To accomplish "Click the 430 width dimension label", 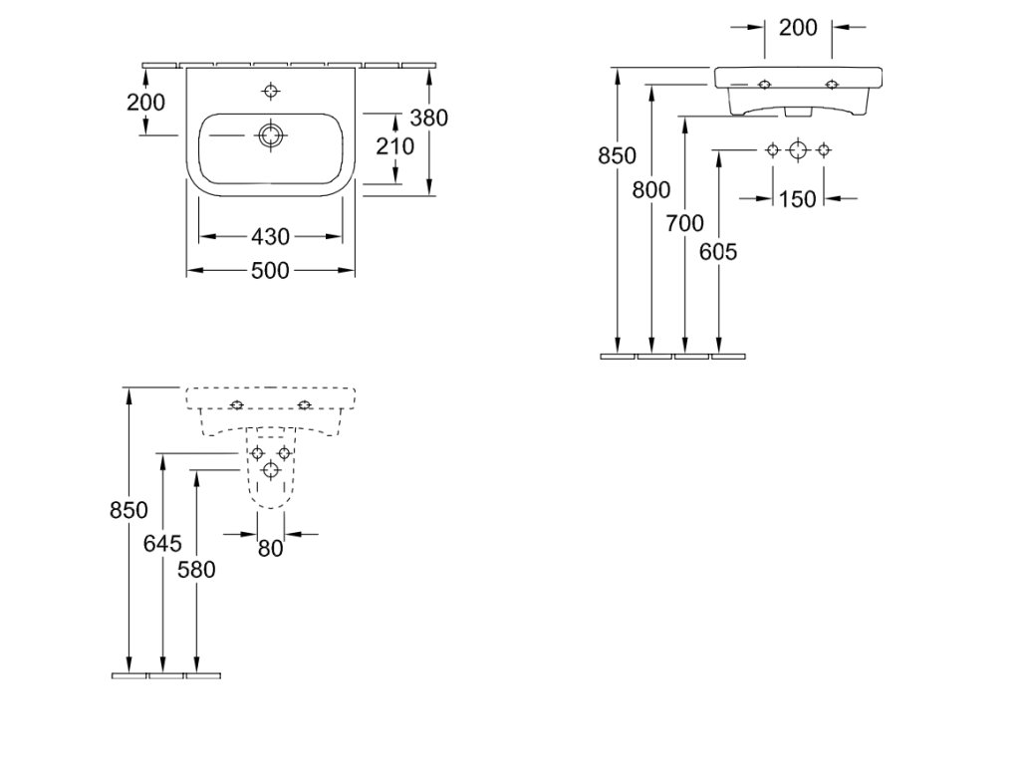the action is (x=270, y=237).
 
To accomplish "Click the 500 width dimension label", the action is (x=270, y=270).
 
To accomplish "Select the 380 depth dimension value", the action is (x=428, y=118).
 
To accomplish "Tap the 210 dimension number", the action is (x=394, y=146).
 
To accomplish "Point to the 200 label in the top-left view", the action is (x=145, y=103).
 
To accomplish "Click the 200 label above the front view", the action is (x=798, y=27).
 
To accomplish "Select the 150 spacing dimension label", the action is (x=797, y=199).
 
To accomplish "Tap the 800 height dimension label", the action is (x=651, y=190).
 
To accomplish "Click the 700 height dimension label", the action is (x=685, y=224).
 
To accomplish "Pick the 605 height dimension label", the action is (x=718, y=252).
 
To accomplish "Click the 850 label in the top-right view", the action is (x=618, y=156).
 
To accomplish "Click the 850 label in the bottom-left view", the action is (x=128, y=510).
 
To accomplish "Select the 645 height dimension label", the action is (x=162, y=543).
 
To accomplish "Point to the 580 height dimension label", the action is (x=196, y=570).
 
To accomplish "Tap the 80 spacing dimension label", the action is (x=271, y=549).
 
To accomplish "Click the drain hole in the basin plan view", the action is (x=271, y=135).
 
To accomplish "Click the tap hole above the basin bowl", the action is (x=271, y=91).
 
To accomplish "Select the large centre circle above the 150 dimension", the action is (x=798, y=150).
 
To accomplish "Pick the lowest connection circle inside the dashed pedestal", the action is (x=271, y=468).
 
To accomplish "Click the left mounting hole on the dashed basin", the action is (x=237, y=404).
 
